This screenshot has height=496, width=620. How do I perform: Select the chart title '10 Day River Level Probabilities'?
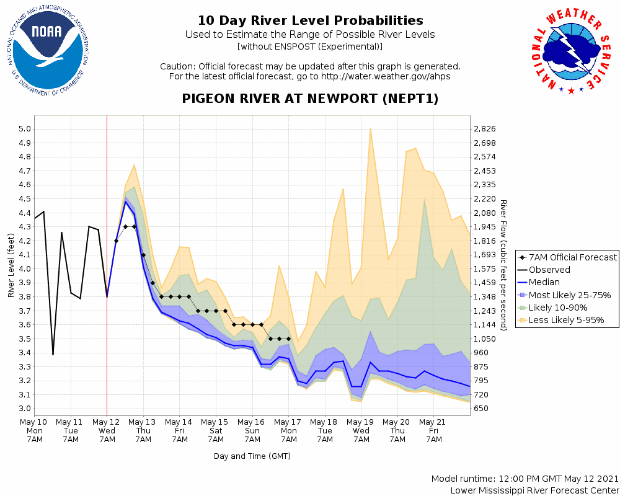pyautogui.click(x=310, y=21)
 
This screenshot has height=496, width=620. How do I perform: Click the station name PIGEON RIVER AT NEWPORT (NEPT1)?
pyautogui.click(x=310, y=99)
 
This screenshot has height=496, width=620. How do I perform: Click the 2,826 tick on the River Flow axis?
pyautogui.click(x=485, y=129)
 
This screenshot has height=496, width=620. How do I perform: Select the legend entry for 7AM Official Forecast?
pyautogui.click(x=567, y=257)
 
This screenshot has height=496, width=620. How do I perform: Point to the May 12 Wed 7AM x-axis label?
pyautogui.click(x=107, y=430)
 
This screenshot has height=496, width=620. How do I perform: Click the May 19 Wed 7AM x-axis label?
pyautogui.click(x=361, y=430)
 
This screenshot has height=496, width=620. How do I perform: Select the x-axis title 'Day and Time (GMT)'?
pyautogui.click(x=252, y=456)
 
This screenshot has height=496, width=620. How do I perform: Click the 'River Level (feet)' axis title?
pyautogui.click(x=11, y=265)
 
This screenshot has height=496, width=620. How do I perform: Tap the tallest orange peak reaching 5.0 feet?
pyautogui.click(x=370, y=130)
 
